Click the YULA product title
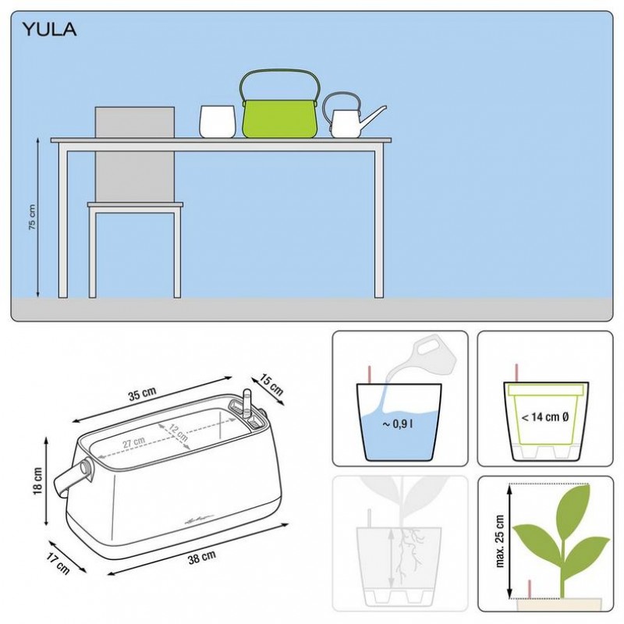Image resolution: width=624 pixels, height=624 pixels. click(49, 30)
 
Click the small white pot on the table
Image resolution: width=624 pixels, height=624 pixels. click(218, 122)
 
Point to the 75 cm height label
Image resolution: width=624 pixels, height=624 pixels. click(32, 218)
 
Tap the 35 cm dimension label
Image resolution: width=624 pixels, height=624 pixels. click(142, 393)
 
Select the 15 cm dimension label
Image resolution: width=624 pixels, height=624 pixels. click(271, 384)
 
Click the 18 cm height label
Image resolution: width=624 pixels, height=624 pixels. click(37, 480)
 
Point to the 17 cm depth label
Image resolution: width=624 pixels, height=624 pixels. click(58, 563)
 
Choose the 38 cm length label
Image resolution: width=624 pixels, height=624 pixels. click(202, 557)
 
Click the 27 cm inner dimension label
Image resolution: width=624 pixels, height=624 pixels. click(133, 442)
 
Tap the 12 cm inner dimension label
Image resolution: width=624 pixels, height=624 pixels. click(179, 433)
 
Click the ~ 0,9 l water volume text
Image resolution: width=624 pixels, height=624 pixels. click(397, 424)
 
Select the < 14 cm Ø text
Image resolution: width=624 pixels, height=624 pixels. click(544, 417)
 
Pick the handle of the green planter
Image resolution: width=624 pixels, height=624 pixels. click(280, 71)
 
